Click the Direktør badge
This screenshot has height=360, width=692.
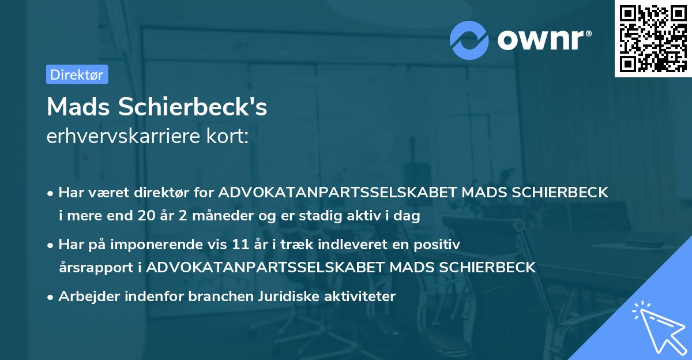coord(77,74)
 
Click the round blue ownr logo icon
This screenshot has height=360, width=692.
coord(469,40)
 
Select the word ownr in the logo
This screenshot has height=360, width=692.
coord(543,40)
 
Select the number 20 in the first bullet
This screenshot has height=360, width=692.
coord(145,216)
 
